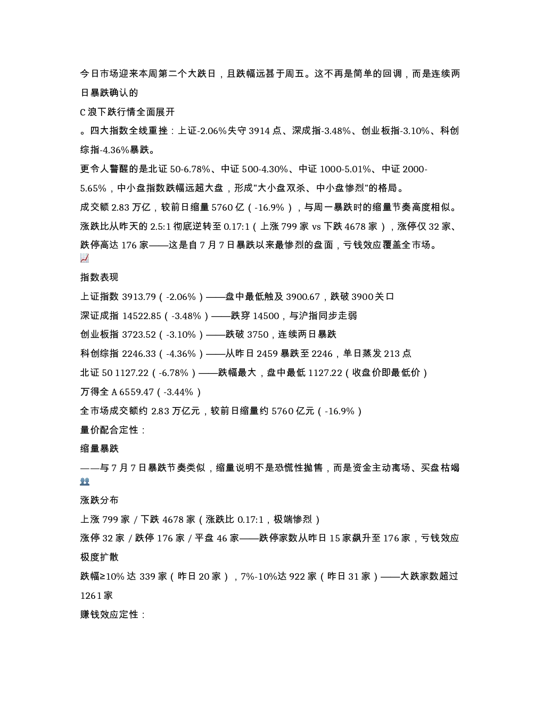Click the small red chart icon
pos(85,258)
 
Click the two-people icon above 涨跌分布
pos(85,481)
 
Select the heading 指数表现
pos(100,277)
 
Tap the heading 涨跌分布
pos(100,500)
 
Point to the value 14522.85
pos(141,315)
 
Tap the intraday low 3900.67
pos(303,297)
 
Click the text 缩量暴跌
pos(100,449)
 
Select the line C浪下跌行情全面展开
pos(127,112)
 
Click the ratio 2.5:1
pos(160,227)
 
